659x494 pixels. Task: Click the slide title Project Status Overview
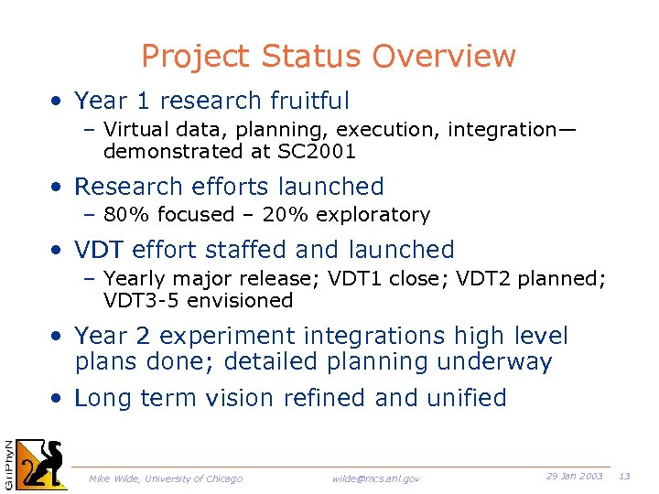click(329, 57)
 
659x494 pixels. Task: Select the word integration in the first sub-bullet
click(502, 130)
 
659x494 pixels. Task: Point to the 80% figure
click(124, 215)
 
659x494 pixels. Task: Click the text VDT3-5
click(142, 301)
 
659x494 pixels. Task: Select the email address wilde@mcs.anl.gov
click(375, 478)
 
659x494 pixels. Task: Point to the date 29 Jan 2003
click(574, 477)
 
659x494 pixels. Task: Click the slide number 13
click(625, 477)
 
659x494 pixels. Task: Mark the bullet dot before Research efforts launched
click(58, 188)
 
